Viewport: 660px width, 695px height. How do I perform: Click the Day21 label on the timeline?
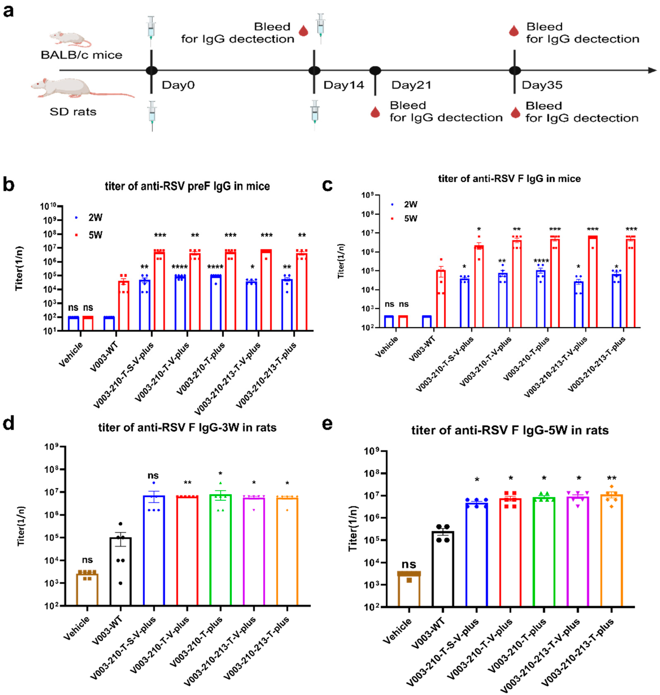[x=411, y=85]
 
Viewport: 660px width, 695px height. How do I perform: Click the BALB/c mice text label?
[x=81, y=55]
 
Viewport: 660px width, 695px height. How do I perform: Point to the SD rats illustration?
[x=79, y=88]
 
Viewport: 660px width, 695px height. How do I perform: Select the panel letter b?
[x=8, y=184]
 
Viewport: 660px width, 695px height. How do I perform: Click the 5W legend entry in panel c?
[x=410, y=218]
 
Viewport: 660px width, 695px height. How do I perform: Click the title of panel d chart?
[x=187, y=428]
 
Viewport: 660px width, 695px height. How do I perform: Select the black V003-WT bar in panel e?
[x=443, y=570]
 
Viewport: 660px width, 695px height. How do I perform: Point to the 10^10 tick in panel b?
[x=48, y=206]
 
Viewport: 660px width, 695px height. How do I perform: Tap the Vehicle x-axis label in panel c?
[x=386, y=347]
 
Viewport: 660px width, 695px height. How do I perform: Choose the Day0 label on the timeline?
[x=178, y=85]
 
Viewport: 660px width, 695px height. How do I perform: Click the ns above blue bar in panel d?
[x=153, y=475]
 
